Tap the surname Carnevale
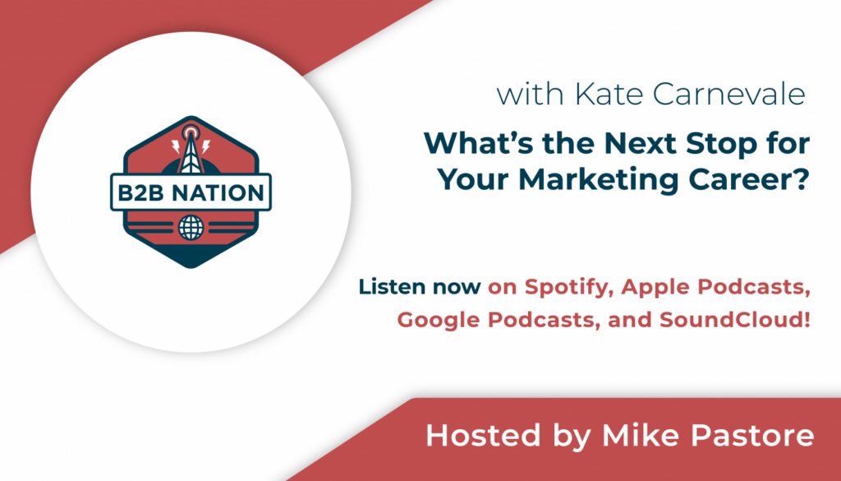point(729,95)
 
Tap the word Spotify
point(569,288)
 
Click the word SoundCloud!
point(735,320)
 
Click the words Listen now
point(420,287)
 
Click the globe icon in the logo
point(191,227)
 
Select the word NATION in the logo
point(217,192)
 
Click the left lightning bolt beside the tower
point(175,146)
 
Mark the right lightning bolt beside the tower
point(206,146)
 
